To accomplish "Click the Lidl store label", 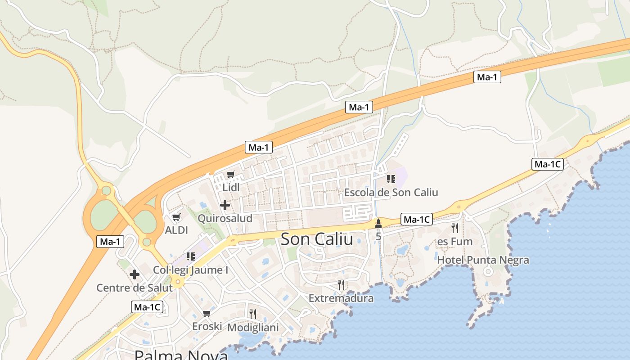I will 231,187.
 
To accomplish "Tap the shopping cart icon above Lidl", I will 231,174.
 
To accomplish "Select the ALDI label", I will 176,230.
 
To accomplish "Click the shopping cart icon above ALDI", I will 176,217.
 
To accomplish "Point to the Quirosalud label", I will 225,218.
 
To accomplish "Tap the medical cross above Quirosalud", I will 225,206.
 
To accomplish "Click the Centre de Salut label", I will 135,288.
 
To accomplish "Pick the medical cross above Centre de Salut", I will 135,274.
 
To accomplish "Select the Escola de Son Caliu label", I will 391,193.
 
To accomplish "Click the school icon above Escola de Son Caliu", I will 391,179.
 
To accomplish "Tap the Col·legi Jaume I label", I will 191,270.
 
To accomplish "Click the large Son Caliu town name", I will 317,239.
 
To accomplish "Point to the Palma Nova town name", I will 181,355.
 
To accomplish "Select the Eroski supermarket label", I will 207,326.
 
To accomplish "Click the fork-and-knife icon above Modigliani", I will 253,314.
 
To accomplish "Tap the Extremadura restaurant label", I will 341,298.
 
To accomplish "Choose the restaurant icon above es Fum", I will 455,228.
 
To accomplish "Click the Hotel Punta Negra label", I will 483,260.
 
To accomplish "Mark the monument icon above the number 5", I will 378,223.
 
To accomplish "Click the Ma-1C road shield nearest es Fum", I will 417,220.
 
